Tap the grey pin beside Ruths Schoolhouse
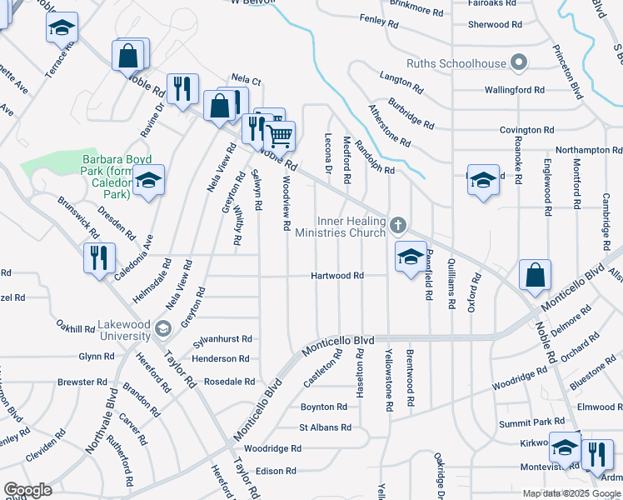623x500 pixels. point(519,63)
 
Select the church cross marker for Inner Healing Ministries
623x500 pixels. point(398,225)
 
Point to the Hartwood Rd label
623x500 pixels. point(337,276)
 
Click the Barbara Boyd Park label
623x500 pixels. point(107,177)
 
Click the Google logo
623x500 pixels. point(28,490)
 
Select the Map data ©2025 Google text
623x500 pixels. point(572,493)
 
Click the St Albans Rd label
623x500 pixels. point(325,427)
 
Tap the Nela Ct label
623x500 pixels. point(247,81)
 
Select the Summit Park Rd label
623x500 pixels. point(526,424)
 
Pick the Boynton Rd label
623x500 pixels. point(323,407)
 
